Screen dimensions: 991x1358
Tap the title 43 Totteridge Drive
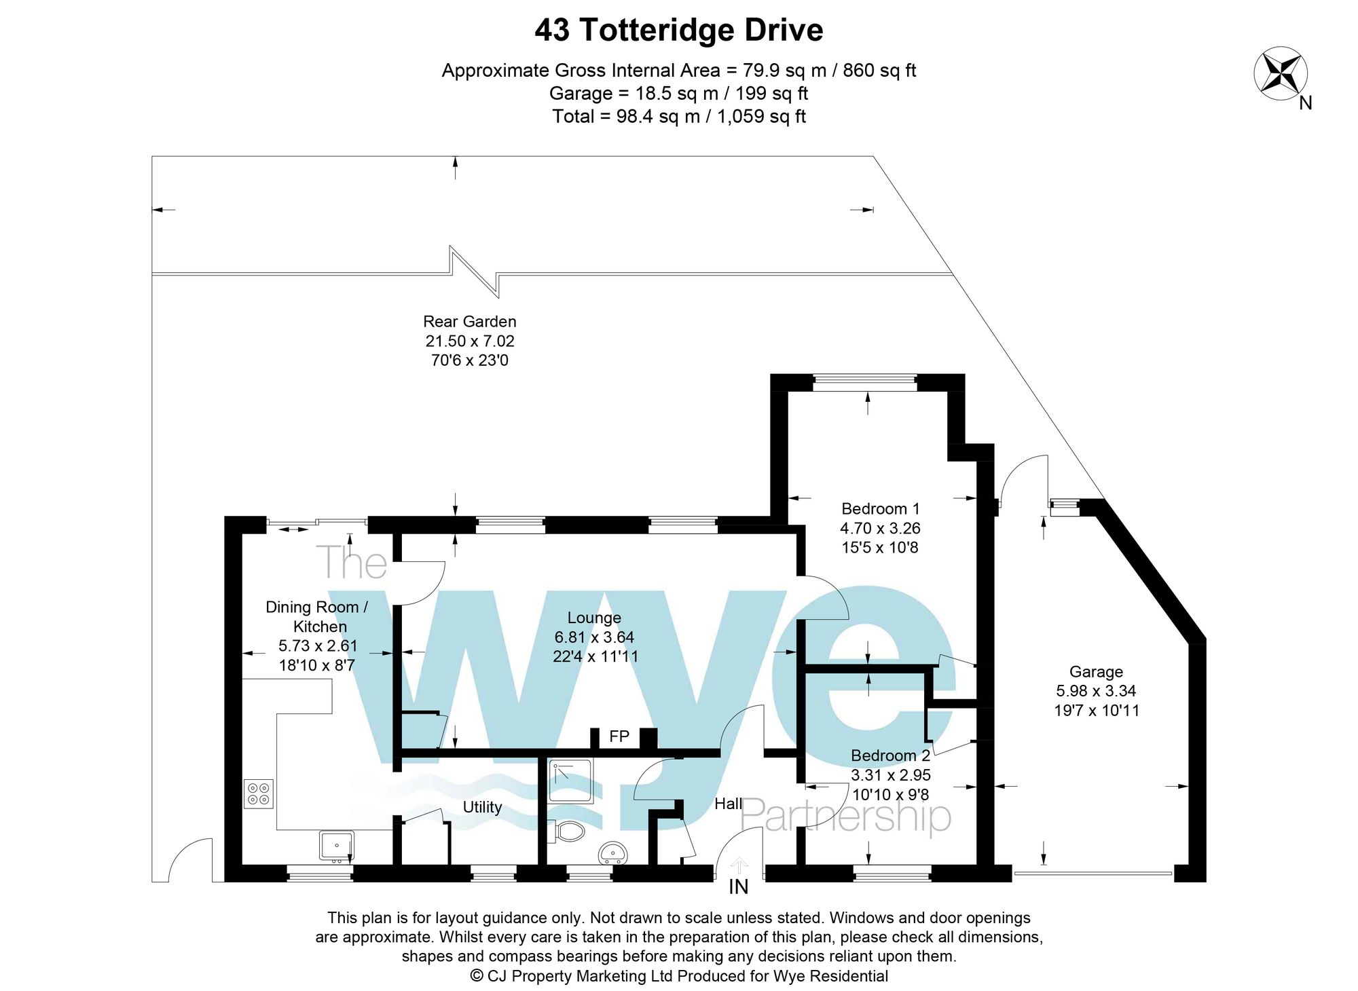tap(678, 31)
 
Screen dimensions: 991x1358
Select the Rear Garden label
tap(469, 322)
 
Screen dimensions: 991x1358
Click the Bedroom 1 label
tap(880, 508)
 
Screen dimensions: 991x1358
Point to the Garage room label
tap(1096, 672)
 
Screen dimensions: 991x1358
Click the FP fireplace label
tap(619, 736)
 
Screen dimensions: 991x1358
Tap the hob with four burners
tap(259, 793)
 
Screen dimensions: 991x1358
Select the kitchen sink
tap(336, 846)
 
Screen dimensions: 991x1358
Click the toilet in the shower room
tap(568, 831)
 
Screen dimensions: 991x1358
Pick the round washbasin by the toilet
tap(612, 853)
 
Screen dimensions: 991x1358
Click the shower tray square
tap(570, 781)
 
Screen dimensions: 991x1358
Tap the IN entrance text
tap(738, 887)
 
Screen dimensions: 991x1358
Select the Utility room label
tap(482, 807)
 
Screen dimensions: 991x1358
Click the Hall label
tap(728, 804)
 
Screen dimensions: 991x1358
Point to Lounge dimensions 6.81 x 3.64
tap(594, 637)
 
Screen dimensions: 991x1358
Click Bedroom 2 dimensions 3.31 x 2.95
tap(890, 775)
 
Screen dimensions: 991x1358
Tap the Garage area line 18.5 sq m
tap(678, 93)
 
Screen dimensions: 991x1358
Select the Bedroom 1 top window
tap(864, 383)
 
